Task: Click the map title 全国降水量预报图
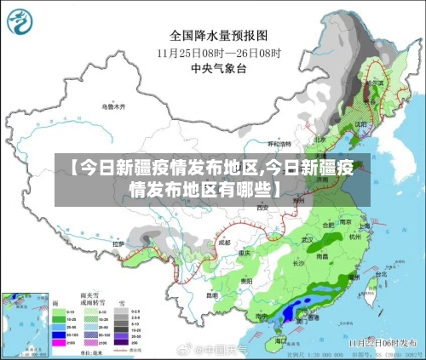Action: click(218, 36)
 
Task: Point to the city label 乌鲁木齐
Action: click(112, 106)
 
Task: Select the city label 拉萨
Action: click(118, 243)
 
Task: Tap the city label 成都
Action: click(224, 242)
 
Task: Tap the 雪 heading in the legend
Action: click(121, 302)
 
